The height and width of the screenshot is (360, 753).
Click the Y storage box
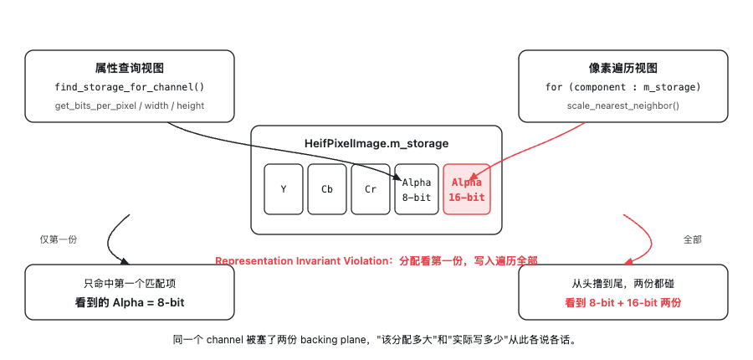tap(284, 189)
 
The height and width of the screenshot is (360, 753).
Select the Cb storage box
tap(327, 189)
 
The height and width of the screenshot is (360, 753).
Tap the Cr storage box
tap(371, 189)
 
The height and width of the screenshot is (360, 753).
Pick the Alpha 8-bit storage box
tap(417, 189)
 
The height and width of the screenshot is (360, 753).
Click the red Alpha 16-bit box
tap(466, 189)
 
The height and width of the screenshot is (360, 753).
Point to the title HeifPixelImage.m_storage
tap(376, 144)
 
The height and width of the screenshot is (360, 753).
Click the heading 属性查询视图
tap(129, 69)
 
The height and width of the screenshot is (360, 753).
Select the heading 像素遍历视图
tap(622, 69)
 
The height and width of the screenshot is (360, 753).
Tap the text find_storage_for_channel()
tap(129, 87)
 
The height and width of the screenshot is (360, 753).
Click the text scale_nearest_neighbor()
tap(622, 105)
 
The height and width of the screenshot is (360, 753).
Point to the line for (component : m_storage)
tap(622, 87)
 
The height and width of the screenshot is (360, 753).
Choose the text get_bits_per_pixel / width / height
tap(129, 105)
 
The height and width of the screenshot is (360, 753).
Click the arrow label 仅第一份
tap(58, 239)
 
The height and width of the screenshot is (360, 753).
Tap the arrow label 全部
tap(692, 239)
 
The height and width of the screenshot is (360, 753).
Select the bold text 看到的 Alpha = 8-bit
tap(130, 303)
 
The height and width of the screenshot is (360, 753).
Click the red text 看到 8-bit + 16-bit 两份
tap(622, 303)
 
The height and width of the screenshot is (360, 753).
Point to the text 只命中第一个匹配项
tap(130, 284)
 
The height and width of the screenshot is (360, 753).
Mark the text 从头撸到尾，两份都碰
tap(622, 284)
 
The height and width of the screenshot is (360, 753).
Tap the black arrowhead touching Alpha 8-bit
tap(397, 177)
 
